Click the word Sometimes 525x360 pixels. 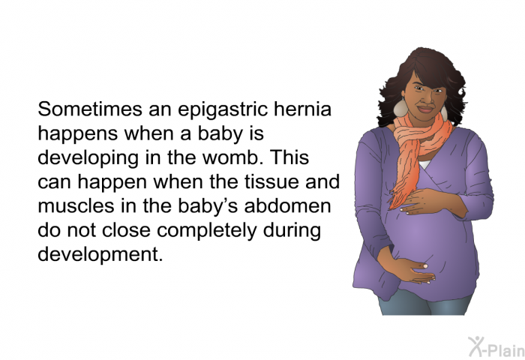coord(90,109)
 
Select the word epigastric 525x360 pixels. coord(223,110)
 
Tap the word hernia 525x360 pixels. coord(303,109)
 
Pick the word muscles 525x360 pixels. coord(76,206)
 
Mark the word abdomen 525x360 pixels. coord(287,206)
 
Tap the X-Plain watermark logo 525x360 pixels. coord(496,347)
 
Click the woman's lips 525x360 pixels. coord(425,109)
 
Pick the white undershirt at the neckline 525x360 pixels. coord(424,164)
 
